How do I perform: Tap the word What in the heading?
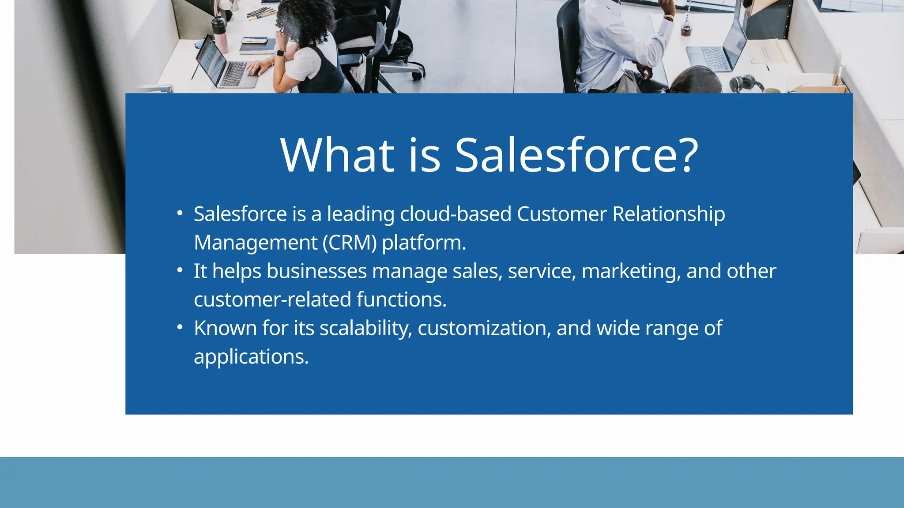pos(337,155)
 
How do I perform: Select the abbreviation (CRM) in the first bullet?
pos(350,243)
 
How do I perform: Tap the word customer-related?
pos(272,300)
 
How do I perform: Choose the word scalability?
pos(365,329)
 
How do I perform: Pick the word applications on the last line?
pos(251,357)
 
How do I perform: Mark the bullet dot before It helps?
pos(179,270)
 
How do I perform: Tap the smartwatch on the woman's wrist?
pos(280,53)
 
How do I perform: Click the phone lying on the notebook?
pos(255,40)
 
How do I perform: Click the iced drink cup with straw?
pos(686,27)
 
